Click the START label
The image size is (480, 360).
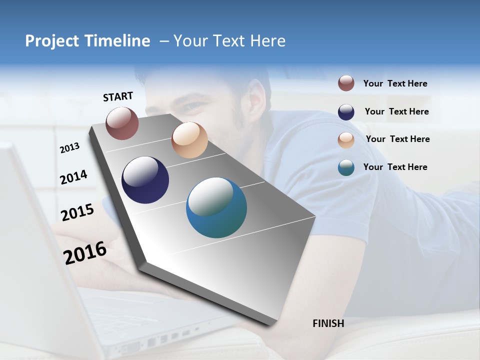118,96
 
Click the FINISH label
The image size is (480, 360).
328,323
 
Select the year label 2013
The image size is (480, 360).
69,148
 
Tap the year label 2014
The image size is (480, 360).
73,177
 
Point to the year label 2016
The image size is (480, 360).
85,252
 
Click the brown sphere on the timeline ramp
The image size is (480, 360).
122,123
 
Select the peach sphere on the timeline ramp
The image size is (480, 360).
189,140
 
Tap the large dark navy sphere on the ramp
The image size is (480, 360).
145,180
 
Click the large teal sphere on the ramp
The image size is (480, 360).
216,207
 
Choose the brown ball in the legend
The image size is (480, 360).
346,83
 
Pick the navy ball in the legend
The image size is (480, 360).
346,112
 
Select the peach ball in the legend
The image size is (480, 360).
346,140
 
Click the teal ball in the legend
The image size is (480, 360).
346,167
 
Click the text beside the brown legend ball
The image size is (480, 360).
395,84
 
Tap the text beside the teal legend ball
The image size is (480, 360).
395,167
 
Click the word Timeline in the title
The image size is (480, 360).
114,41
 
